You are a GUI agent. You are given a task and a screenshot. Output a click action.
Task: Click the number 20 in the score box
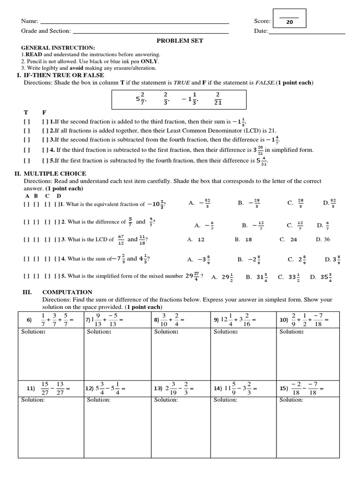click(x=289, y=22)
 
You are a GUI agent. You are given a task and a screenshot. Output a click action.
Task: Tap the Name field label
click(x=30, y=22)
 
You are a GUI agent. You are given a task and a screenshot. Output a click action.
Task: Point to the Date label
click(x=260, y=31)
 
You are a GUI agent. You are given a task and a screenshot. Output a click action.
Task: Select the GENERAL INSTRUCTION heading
click(x=58, y=48)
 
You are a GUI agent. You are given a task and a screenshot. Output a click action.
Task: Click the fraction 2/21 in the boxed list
click(x=217, y=99)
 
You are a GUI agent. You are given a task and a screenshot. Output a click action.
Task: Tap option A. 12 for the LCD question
click(x=196, y=239)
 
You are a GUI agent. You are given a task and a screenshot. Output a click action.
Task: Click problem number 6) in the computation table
click(x=29, y=320)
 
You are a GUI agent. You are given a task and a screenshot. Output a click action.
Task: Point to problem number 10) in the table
click(x=284, y=320)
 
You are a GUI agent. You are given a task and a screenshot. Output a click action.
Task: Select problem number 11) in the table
click(x=31, y=389)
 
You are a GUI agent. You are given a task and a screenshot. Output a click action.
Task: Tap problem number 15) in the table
click(x=284, y=389)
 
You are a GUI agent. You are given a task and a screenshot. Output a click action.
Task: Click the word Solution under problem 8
click(x=166, y=332)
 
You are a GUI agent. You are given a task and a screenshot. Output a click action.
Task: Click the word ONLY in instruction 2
click(x=150, y=61)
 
